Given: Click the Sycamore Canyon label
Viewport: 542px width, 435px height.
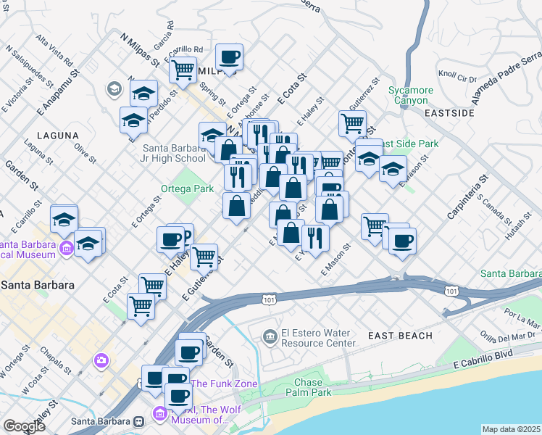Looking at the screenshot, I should click(410, 95).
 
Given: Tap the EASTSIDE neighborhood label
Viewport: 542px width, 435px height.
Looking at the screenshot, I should click(449, 113).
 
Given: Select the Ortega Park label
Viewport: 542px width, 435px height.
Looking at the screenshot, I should click(187, 189).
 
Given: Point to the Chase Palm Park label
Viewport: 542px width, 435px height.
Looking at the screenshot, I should click(312, 387).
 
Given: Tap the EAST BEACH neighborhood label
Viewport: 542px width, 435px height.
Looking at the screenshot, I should click(400, 336).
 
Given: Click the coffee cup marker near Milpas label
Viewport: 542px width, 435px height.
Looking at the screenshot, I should click(229, 57).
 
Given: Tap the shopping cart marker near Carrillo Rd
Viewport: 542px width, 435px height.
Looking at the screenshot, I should click(183, 70).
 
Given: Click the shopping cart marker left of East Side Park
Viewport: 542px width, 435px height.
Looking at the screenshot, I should click(352, 123).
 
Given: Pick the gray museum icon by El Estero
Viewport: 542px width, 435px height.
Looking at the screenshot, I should click(270, 334).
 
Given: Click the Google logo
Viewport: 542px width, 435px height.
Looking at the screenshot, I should click(24, 426).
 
